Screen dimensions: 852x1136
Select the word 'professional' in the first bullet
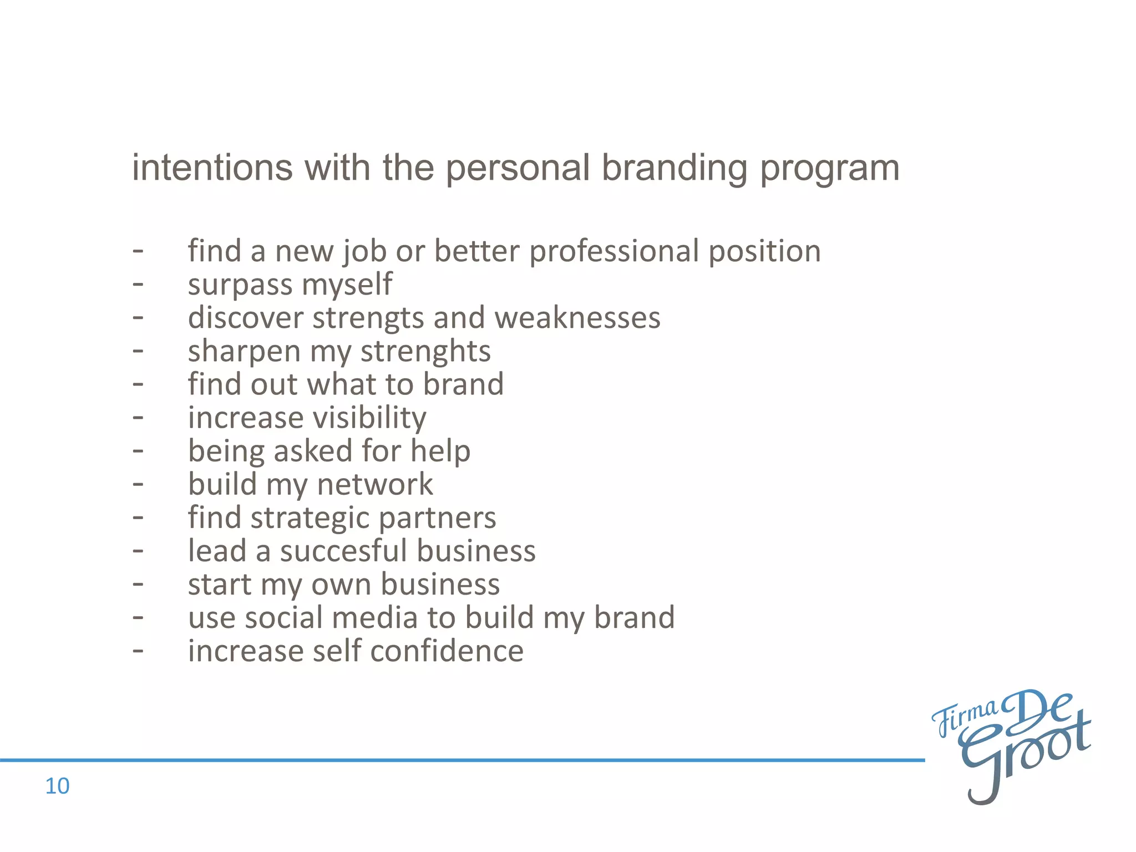pyautogui.click(x=614, y=252)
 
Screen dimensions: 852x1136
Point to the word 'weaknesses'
pyautogui.click(x=577, y=318)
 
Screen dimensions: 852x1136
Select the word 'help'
pyautogui.click(x=440, y=451)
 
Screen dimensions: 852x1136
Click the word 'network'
pyautogui.click(x=375, y=485)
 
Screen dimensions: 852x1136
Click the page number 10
pyautogui.click(x=57, y=786)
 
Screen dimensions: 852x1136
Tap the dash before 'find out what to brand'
pyautogui.click(x=138, y=384)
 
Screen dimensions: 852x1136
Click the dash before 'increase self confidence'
pyautogui.click(x=138, y=651)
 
